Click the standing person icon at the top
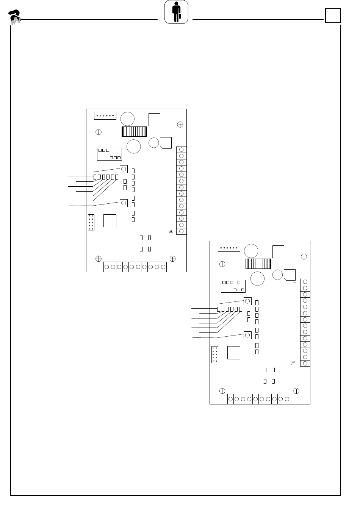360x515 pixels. pos(176,12)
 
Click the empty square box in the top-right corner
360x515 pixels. pos(333,16)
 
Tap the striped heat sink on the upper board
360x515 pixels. pos(134,131)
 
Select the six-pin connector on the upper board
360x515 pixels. pos(105,115)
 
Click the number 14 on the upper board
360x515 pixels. pos(171,231)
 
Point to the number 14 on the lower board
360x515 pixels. pos(293,363)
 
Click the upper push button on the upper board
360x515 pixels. pos(124,169)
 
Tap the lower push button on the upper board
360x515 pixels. pos(124,203)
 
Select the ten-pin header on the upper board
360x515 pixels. pos(91,223)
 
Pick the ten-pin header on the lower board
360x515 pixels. pos(214,354)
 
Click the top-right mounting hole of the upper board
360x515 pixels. pos(180,124)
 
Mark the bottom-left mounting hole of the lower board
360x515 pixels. pos(222,391)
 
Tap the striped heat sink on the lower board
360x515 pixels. pos(258,264)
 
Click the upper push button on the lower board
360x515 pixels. pos(247,301)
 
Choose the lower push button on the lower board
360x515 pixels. pos(247,335)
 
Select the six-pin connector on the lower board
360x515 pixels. pos(229,248)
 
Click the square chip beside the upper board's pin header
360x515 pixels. pos(110,221)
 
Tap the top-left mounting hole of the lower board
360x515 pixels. pos(222,264)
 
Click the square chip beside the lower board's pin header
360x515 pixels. pos(233,353)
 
